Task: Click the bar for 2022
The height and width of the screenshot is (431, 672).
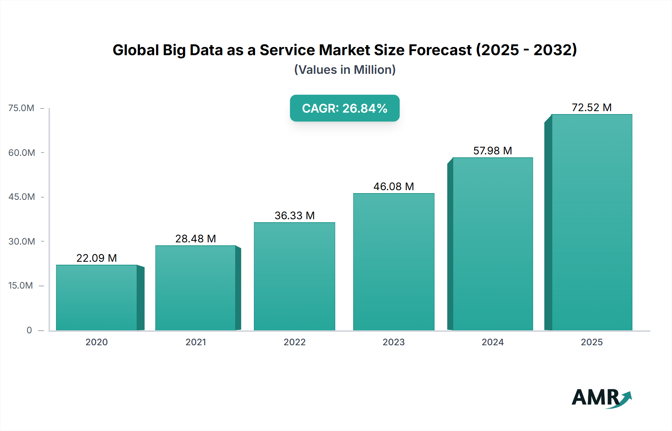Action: pos(295,276)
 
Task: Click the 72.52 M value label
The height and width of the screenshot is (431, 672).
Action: pos(591,108)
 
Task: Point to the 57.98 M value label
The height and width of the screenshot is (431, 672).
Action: pos(492,151)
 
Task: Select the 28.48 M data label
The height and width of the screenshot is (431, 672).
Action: pos(196,239)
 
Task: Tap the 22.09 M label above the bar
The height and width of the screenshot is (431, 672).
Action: pos(96,258)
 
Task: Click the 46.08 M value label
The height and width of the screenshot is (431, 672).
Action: pos(393,187)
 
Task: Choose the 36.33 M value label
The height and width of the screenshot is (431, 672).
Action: pos(295,216)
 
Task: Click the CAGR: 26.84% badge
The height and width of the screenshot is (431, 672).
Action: pos(345,108)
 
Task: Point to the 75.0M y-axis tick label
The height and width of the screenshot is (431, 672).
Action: pos(21,108)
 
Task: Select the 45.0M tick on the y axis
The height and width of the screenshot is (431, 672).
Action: pos(22,197)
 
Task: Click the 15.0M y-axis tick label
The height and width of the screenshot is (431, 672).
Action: pos(21,286)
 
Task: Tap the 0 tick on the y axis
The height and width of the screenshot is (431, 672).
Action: pos(29,330)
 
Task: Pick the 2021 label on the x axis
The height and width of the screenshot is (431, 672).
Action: pos(196,342)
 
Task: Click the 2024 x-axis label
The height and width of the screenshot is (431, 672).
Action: pos(492,342)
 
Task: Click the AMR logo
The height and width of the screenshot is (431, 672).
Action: pos(601,398)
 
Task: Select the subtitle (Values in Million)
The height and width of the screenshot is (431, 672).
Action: pos(345,70)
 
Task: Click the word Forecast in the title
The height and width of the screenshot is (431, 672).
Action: pos(440,50)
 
